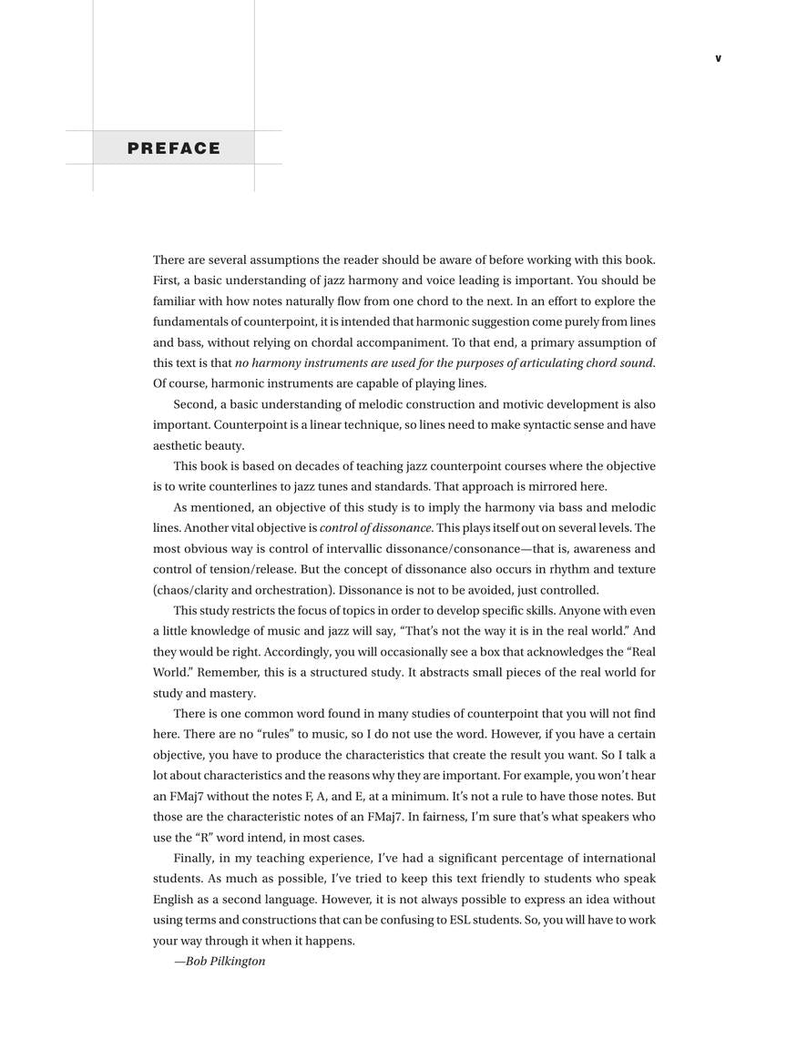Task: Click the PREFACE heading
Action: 174,148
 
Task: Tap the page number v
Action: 718,59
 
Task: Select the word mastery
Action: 233,693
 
